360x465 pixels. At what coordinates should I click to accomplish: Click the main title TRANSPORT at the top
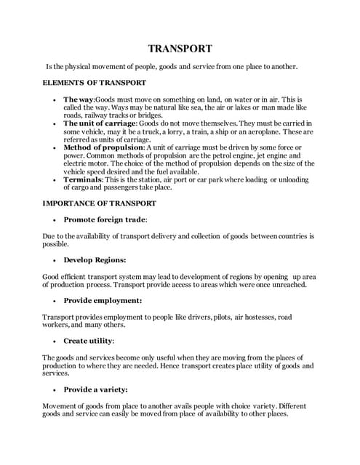pos(180,49)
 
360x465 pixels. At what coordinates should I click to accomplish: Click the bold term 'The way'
pos(79,99)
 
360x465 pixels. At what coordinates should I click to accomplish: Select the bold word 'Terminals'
pos(83,179)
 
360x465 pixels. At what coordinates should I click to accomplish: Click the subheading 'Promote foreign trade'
pos(105,219)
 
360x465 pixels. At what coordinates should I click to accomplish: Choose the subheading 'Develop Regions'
pos(95,259)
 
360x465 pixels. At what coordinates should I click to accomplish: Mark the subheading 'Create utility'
pos(89,340)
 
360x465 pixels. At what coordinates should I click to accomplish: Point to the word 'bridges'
pos(147,115)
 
